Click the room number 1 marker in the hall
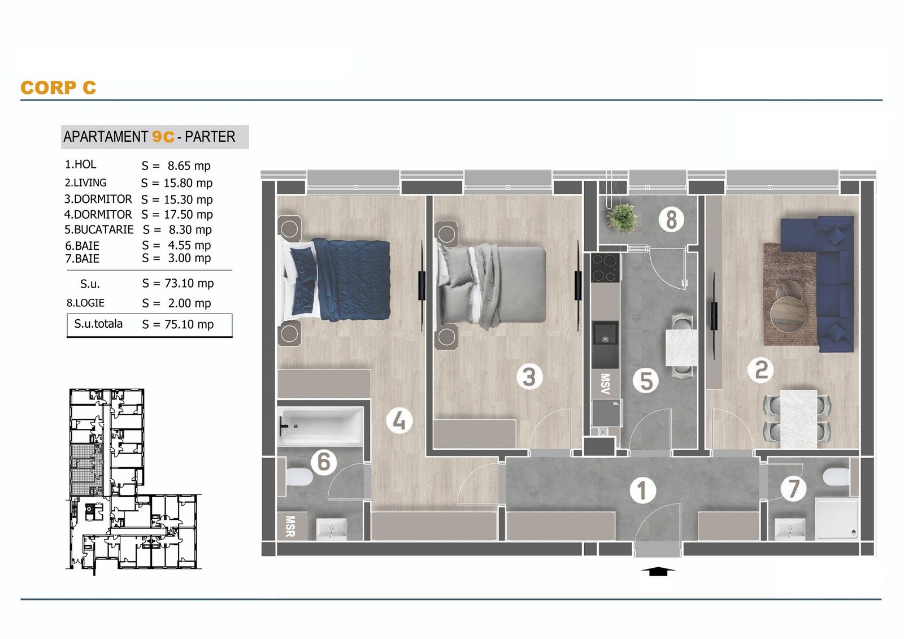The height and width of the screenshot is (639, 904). click(642, 490)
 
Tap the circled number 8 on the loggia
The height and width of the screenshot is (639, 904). click(671, 220)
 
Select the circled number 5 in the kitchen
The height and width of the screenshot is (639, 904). click(646, 380)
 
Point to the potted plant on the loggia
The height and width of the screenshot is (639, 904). click(622, 219)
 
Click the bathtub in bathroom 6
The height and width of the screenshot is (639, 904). click(320, 426)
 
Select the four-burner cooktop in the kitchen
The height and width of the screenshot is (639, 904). click(605, 268)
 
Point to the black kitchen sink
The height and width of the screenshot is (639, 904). click(605, 344)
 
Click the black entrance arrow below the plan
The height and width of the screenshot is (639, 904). click(658, 571)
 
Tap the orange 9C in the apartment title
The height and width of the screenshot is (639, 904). click(163, 137)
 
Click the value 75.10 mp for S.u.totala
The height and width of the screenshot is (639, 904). click(189, 324)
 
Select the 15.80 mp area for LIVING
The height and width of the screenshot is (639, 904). click(188, 183)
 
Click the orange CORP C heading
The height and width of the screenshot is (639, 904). click(59, 88)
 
